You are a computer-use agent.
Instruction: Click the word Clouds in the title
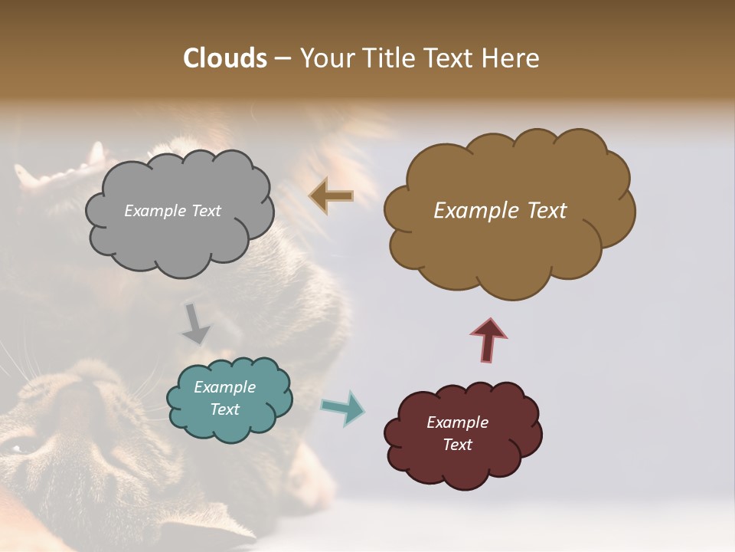[224, 58]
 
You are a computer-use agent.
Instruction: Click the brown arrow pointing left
[332, 196]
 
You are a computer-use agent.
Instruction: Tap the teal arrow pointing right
[343, 408]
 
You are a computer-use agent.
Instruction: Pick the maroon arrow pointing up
[488, 340]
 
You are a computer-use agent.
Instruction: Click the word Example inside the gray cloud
[155, 211]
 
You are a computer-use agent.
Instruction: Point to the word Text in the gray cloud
[205, 211]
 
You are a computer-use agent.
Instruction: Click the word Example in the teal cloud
[224, 387]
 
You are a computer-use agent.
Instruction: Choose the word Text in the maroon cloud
[457, 445]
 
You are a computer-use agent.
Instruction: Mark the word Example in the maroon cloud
[457, 422]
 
